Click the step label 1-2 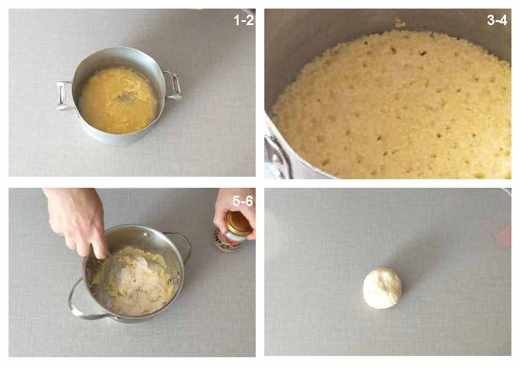243,20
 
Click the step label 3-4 497,20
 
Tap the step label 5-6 243,201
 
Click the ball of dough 382,288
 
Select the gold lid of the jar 239,223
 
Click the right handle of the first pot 173,86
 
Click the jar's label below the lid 228,242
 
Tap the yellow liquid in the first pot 118,100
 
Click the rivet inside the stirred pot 146,235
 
